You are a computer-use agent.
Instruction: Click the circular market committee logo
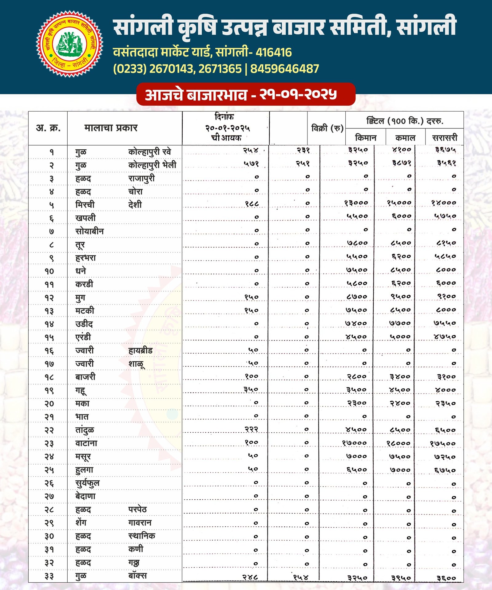click(x=70, y=44)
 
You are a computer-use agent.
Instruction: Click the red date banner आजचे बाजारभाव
click(x=246, y=94)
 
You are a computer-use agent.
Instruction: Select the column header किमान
click(x=366, y=138)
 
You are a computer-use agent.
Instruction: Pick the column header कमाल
click(x=405, y=138)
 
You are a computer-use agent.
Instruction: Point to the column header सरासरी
click(x=445, y=138)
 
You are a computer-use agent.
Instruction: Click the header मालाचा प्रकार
click(x=111, y=128)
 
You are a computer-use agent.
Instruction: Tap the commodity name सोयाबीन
click(x=89, y=231)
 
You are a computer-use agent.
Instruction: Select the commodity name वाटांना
click(x=86, y=443)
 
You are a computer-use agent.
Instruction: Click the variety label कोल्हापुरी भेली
click(x=152, y=165)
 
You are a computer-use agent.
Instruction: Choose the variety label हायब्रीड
click(x=140, y=350)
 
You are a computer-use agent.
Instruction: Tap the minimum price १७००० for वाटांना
click(x=354, y=443)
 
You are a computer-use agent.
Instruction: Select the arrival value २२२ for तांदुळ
click(x=251, y=429)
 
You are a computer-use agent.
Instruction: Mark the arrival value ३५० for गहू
click(x=251, y=390)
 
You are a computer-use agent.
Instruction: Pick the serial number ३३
click(x=49, y=576)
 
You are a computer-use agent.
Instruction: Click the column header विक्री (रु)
click(x=327, y=128)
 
